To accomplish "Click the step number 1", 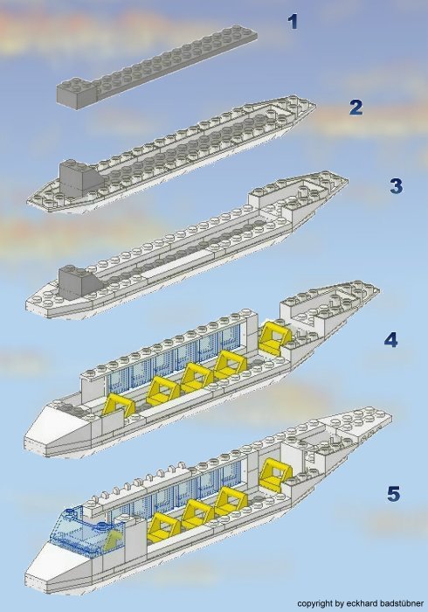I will pos(293,21).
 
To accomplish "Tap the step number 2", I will pos(355,108).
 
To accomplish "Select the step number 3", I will pos(396,186).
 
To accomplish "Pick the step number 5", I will pos(393,495).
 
